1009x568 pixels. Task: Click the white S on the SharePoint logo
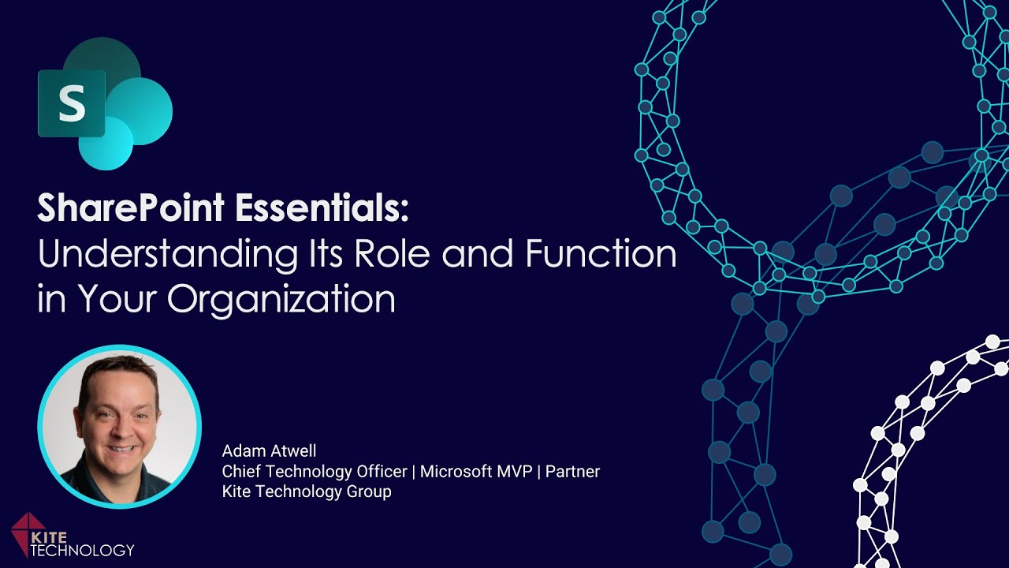pyautogui.click(x=72, y=103)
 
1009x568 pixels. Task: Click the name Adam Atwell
pyautogui.click(x=269, y=451)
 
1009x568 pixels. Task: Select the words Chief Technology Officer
pyautogui.click(x=315, y=472)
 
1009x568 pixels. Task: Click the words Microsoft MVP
pyautogui.click(x=475, y=472)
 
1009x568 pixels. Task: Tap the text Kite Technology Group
pyautogui.click(x=307, y=492)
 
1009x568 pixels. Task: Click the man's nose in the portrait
pyautogui.click(x=120, y=424)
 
